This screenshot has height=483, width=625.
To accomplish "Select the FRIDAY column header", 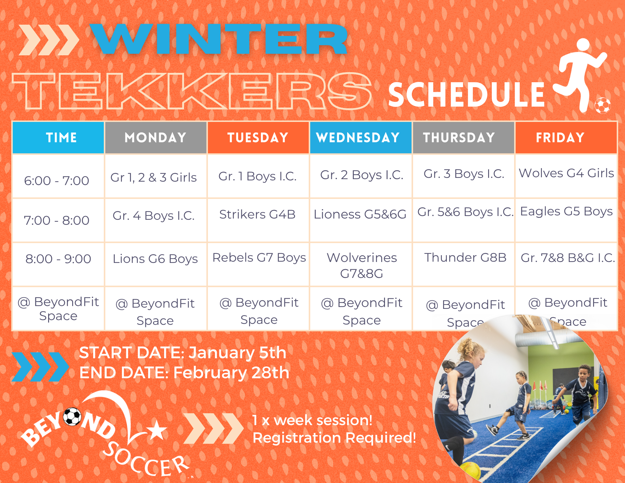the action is pos(566,138).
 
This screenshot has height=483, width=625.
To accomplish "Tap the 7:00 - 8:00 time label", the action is pos(57,220).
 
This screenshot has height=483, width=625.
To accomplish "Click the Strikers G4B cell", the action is pos(257,214).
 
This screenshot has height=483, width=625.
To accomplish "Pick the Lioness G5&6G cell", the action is pos(360,214).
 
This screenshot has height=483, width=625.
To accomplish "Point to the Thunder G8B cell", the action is pos(465,258).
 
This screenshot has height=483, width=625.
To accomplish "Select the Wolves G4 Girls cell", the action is pos(566,173).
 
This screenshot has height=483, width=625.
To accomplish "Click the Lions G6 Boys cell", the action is pos(155,259).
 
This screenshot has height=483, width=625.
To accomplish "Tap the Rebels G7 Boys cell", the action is pos(259,258).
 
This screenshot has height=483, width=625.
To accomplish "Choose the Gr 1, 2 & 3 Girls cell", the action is pos(153,178).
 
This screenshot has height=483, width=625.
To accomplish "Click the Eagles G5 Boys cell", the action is pos(566,212).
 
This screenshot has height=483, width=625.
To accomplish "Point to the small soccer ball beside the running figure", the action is pos(602,105).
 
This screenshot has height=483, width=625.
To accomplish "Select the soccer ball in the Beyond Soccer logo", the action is pos(72,417).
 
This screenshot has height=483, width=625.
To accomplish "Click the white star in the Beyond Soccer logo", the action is pos(157,430).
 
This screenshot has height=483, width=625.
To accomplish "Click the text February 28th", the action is pos(231,373).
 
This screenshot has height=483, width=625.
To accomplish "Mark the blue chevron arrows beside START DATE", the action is pos(40,367).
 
